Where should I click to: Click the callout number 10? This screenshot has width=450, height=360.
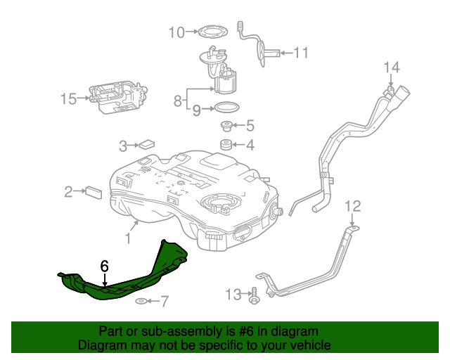[176, 32]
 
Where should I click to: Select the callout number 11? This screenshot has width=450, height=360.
[301, 52]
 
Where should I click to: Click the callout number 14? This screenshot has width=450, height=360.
[391, 67]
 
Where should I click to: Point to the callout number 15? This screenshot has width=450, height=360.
[67, 99]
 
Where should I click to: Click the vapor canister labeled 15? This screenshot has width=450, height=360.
[118, 96]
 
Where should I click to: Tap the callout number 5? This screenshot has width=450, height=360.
[249, 127]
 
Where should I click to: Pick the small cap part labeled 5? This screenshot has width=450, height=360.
[227, 127]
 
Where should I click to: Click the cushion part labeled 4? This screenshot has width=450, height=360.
[227, 146]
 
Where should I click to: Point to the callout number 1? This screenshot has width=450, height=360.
[128, 239]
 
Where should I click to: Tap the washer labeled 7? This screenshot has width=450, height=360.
[141, 302]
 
